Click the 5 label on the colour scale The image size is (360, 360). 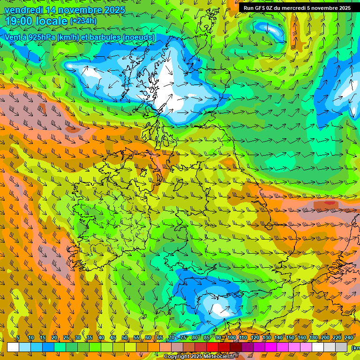(18, 338)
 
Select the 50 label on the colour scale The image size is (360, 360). (125, 338)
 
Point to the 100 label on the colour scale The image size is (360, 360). (232, 338)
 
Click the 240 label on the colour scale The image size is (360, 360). (349, 338)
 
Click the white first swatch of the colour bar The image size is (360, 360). (13, 347)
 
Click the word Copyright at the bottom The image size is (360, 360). (177, 357)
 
